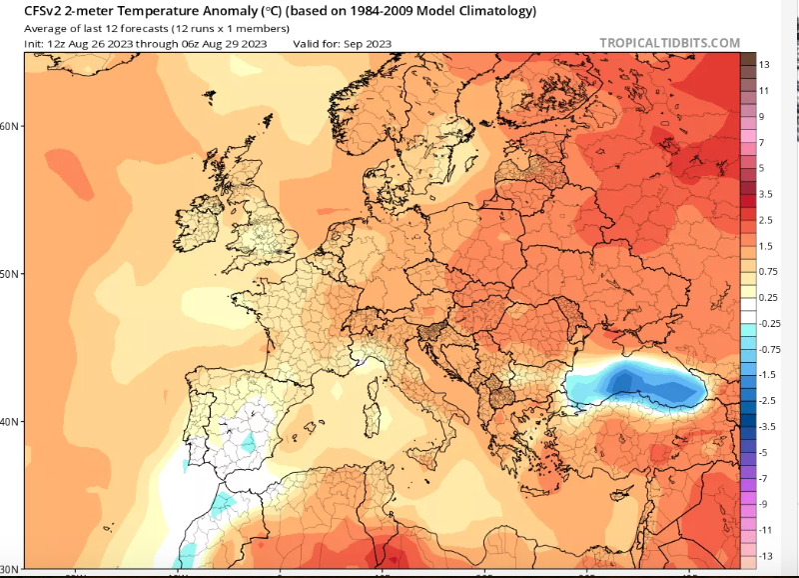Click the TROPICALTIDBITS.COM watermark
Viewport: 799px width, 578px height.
coord(669,43)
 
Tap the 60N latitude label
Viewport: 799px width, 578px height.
coord(9,126)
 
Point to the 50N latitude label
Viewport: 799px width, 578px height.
coord(9,274)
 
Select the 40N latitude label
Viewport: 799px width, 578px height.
coord(9,422)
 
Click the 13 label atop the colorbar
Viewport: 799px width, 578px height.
coord(763,65)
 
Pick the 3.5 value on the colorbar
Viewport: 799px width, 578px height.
coord(764,194)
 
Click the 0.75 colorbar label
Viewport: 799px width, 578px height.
coord(766,271)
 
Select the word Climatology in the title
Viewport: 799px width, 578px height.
coord(498,12)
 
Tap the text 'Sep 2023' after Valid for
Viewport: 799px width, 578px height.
coord(368,44)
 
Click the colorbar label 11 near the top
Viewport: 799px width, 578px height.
coord(763,91)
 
